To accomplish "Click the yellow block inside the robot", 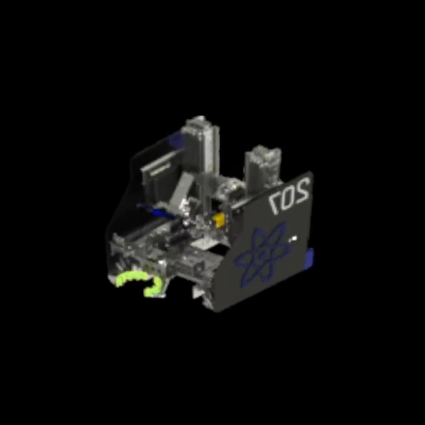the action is pyautogui.click(x=219, y=220).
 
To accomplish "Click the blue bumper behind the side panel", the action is pyautogui.click(x=310, y=259).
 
